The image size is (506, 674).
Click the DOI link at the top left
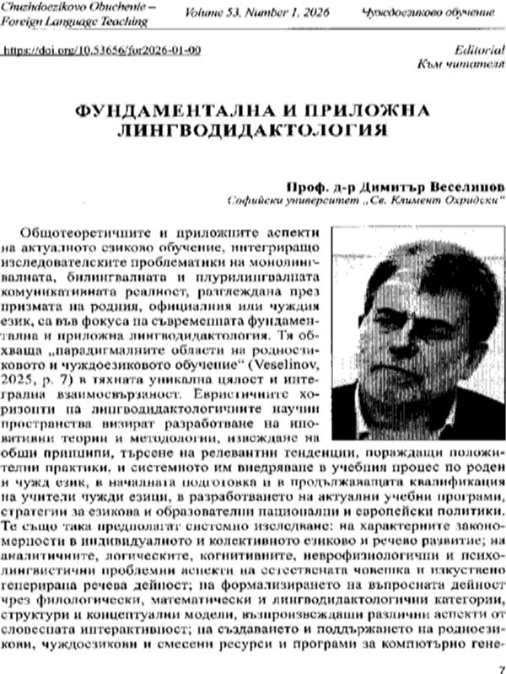tap(102, 51)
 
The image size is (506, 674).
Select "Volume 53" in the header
tap(222, 13)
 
